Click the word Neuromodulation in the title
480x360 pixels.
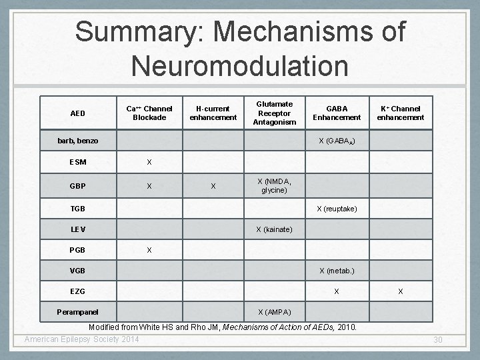tap(240, 65)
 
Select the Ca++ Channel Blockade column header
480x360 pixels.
tap(150, 113)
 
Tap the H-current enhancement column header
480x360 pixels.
tap(213, 113)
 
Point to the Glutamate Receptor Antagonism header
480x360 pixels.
tap(275, 113)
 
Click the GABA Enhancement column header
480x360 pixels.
tap(336, 113)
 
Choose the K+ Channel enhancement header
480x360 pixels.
tap(400, 113)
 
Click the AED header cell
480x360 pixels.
tap(77, 113)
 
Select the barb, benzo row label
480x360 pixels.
tap(77, 141)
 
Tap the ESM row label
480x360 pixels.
tap(77, 162)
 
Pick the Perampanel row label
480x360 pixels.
tap(77, 312)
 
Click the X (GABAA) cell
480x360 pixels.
tap(336, 141)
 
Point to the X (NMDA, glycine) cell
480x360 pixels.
tap(275, 186)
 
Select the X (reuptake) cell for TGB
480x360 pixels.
tap(336, 209)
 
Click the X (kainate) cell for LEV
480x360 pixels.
tap(275, 230)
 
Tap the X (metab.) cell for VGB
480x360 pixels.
tap(336, 271)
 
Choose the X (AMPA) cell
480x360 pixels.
tap(275, 312)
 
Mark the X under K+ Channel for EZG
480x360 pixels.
tap(400, 291)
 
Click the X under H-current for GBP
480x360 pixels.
tap(213, 186)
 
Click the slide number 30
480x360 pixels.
tap(438, 341)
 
